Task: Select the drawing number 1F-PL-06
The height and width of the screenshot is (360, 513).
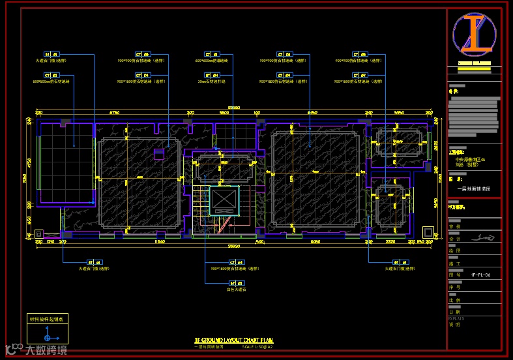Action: (480, 276)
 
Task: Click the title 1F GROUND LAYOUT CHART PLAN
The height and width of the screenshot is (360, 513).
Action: (233, 340)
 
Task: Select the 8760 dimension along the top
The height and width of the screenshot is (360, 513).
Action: (114, 113)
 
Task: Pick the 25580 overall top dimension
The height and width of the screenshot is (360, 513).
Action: (233, 108)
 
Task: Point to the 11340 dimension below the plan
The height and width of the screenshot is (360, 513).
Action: (158, 242)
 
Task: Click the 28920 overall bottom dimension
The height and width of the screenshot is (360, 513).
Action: (233, 247)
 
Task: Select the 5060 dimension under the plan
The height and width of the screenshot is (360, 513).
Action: (315, 242)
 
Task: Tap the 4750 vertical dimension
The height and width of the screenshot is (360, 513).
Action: (29, 162)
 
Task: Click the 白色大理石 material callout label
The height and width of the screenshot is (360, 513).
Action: (235, 288)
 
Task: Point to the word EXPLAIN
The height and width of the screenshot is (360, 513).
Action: (456, 318)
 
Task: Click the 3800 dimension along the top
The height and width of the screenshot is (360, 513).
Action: (224, 113)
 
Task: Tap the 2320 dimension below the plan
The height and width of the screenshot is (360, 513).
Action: (391, 242)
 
